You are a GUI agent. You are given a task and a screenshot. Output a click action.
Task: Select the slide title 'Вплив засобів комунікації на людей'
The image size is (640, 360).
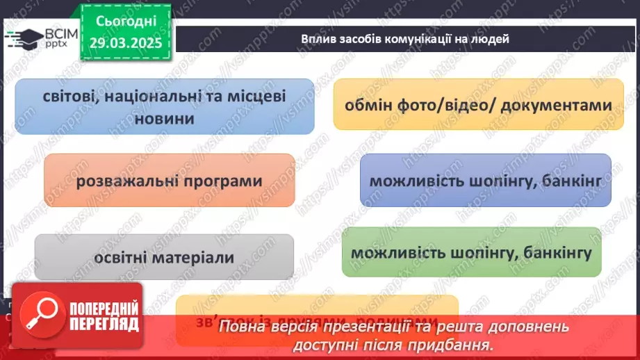(405, 39)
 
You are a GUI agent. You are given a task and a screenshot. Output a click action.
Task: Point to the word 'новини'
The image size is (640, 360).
(164, 119)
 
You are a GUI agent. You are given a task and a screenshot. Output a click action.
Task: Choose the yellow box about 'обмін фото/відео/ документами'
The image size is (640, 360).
(478, 105)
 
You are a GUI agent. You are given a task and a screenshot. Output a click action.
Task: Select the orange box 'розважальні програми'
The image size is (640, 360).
(170, 181)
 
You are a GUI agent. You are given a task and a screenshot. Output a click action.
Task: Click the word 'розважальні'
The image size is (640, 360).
(124, 181)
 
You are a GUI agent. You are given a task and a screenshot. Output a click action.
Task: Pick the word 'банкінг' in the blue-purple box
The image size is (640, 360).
(574, 181)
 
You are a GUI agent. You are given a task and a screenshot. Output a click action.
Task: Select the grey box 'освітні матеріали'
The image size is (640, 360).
(164, 257)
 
